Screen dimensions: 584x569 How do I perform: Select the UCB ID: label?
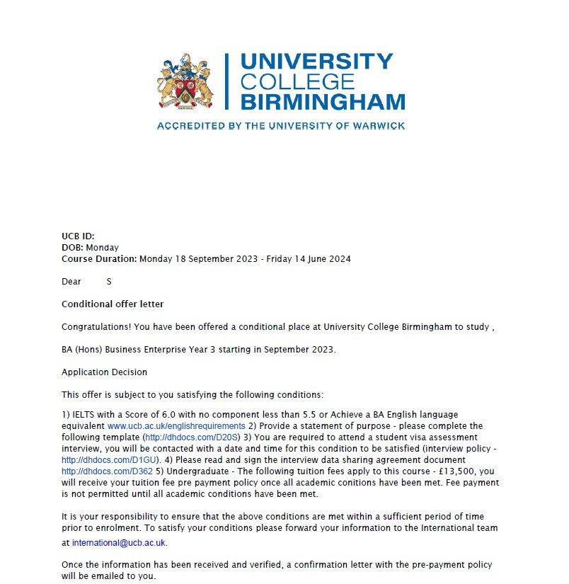(78, 236)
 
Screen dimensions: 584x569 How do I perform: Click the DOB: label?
(73, 247)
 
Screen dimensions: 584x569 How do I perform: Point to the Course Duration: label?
(99, 258)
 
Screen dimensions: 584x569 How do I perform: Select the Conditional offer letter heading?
(113, 304)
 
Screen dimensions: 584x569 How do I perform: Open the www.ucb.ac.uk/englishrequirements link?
(176, 426)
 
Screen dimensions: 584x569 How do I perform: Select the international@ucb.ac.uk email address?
(120, 543)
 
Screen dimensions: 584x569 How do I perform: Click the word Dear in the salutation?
(71, 281)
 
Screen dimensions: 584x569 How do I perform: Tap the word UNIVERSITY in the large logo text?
(316, 62)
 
